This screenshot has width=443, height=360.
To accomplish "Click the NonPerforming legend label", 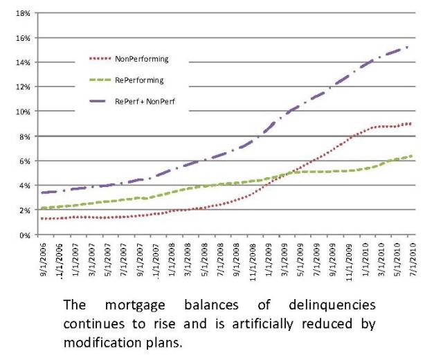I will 142,59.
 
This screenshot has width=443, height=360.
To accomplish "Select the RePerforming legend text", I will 139,80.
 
